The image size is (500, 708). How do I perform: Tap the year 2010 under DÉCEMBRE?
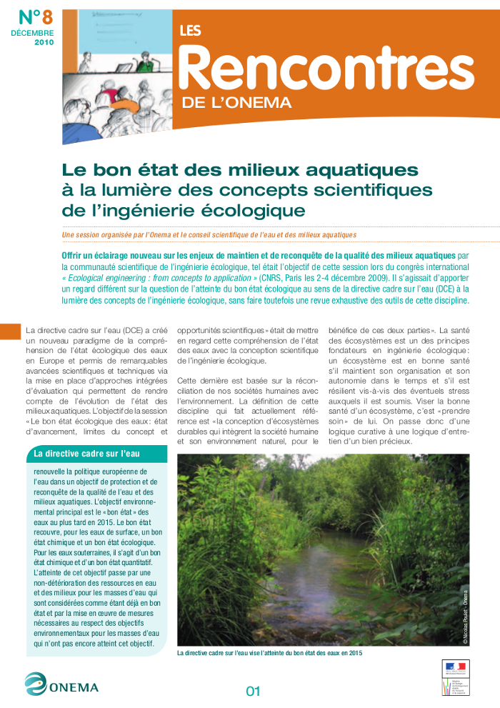point(44,42)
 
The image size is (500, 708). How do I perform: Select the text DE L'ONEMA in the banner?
point(236,103)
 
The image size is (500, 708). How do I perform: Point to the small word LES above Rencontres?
point(189,31)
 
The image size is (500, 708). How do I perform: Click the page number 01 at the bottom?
point(253,691)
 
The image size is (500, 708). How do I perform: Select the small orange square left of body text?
point(10,331)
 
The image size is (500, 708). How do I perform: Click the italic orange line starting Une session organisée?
point(209,235)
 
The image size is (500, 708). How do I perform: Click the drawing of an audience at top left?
point(115,75)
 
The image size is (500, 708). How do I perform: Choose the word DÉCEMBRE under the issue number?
point(32,34)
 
